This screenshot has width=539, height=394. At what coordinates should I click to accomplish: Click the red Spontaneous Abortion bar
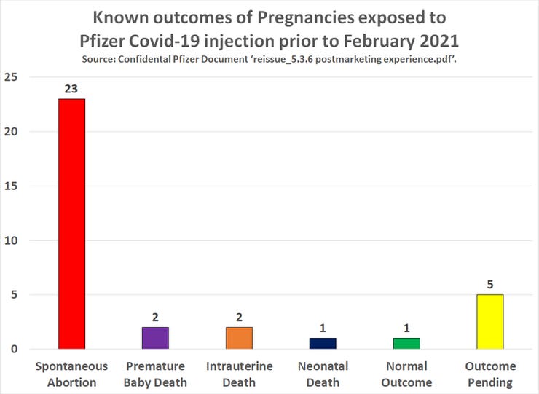(x=71, y=224)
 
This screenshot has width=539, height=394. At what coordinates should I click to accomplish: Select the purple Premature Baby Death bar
(x=155, y=338)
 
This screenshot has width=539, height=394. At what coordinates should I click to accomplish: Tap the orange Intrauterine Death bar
(x=239, y=338)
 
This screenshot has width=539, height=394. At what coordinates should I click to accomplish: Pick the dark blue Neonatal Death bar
(x=323, y=343)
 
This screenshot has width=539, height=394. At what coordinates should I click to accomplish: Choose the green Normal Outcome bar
(x=406, y=343)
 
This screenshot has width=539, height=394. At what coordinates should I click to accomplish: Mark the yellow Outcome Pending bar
(x=489, y=321)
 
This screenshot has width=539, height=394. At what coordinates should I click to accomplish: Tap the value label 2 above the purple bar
(x=155, y=318)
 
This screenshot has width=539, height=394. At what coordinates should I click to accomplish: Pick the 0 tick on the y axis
(x=15, y=350)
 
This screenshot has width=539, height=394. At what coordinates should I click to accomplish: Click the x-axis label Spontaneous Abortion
(x=71, y=374)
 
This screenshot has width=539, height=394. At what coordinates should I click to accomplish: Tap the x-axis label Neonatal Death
(x=323, y=374)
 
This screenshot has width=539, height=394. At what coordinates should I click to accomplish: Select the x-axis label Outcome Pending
(x=489, y=374)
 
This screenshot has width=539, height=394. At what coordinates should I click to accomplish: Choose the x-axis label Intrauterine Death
(x=239, y=374)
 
